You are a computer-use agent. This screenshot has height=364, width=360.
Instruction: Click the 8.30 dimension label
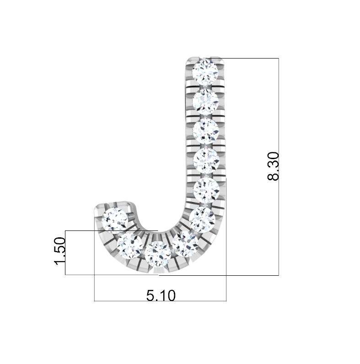[273, 166]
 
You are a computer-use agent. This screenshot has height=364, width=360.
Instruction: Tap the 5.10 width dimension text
[161, 296]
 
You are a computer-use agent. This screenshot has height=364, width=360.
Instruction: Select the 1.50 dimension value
[59, 251]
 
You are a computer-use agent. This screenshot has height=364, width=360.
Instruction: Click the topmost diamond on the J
[206, 71]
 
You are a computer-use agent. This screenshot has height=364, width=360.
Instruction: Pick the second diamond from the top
[206, 101]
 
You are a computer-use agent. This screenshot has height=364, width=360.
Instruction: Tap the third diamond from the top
[206, 131]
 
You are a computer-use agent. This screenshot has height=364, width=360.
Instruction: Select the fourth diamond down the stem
[206, 161]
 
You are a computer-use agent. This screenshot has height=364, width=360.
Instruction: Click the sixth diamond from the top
[203, 220]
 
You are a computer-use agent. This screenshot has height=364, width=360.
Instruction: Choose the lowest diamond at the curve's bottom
[158, 254]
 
